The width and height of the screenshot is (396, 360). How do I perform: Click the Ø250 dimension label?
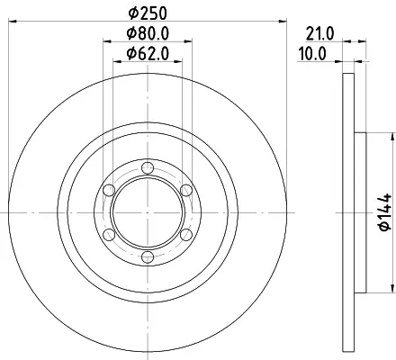coord(148,13)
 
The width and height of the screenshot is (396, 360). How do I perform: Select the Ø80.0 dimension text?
coord(148,33)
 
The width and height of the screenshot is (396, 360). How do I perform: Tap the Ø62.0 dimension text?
coord(148,54)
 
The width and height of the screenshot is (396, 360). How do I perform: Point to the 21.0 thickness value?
coord(319,33)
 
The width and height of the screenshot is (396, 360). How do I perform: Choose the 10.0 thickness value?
coord(312,54)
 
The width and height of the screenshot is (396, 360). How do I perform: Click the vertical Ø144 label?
coord(385,212)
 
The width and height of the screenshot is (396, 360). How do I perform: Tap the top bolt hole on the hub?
coord(148,167)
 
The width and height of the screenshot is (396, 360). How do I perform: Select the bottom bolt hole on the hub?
coord(148,257)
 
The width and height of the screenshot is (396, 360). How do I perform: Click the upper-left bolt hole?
coord(109,190)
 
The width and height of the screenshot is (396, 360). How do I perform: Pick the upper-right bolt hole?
coord(186,190)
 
